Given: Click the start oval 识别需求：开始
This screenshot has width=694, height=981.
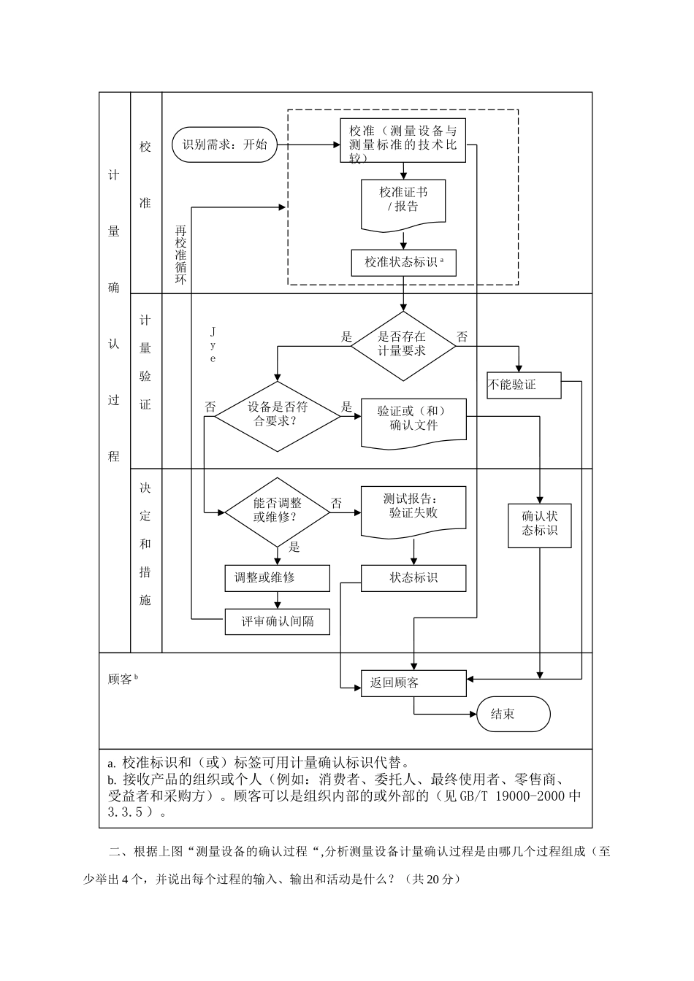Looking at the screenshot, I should (225, 145).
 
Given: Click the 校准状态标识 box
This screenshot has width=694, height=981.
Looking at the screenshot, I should (403, 262).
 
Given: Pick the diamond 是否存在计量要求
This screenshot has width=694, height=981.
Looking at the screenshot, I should (403, 345).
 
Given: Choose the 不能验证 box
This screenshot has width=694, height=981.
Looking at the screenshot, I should (524, 385).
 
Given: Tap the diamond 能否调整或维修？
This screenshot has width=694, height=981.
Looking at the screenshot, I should (277, 510).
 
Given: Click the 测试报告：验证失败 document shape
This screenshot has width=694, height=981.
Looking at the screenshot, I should (413, 508).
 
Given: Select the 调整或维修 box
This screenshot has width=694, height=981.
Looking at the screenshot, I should (277, 577).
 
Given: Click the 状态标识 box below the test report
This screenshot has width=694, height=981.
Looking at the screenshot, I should (413, 577).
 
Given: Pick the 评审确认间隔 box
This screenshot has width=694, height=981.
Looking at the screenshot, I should (277, 622).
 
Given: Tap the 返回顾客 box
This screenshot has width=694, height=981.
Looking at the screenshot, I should (413, 683).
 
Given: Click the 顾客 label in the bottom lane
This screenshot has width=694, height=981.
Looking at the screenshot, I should (121, 680).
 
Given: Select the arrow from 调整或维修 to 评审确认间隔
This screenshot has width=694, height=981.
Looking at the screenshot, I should (277, 599).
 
